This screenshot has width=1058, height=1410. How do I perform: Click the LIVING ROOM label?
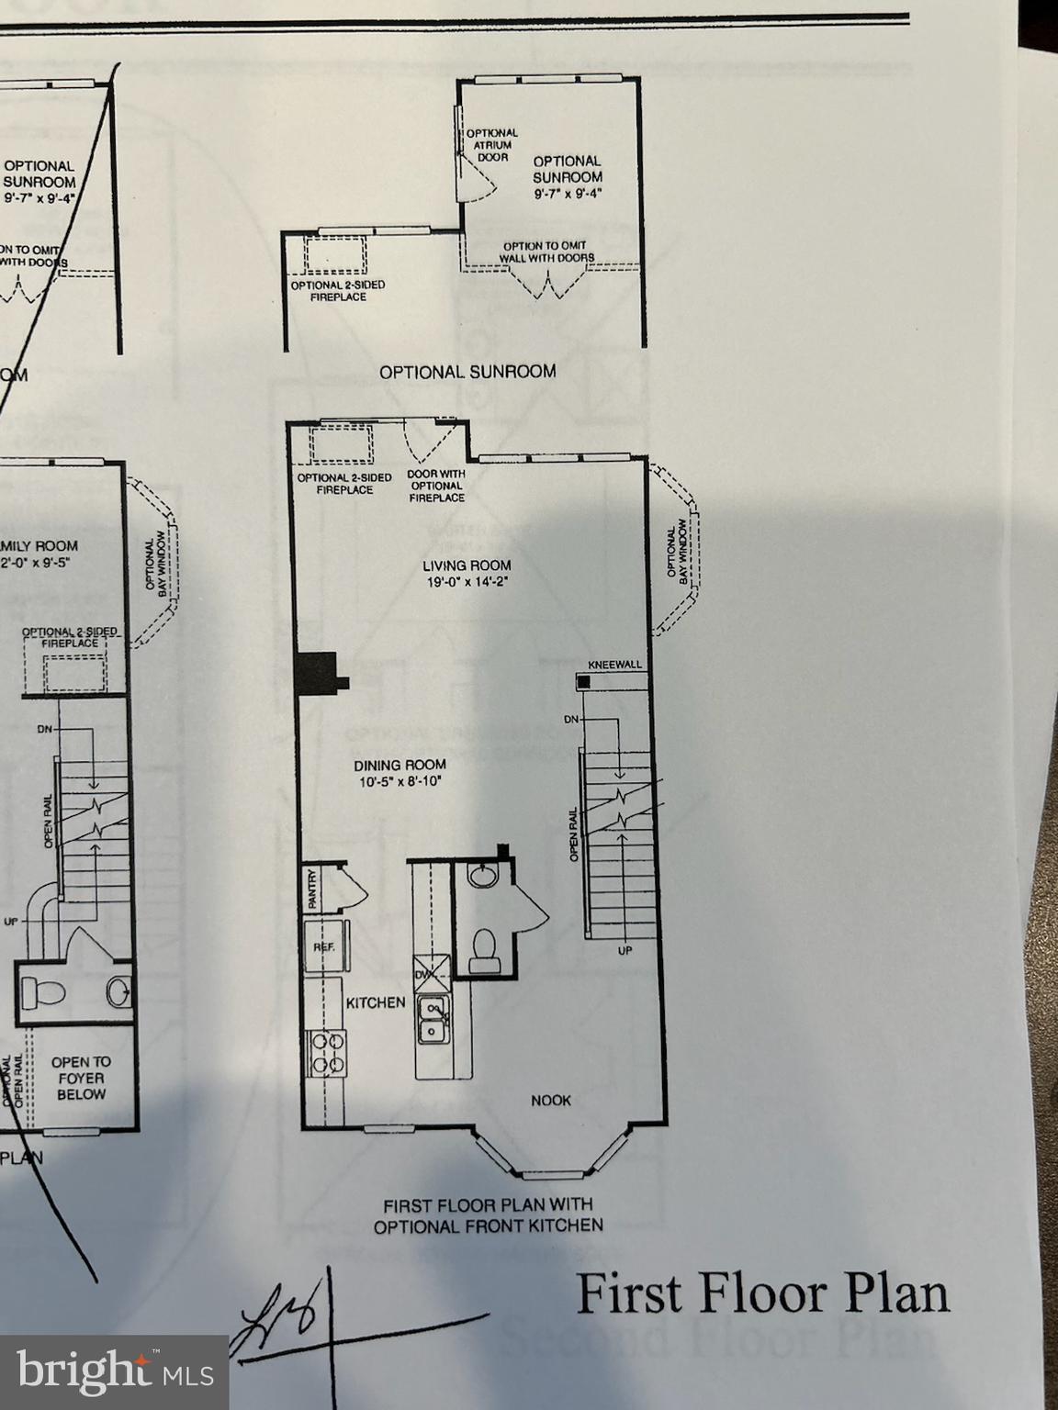[467, 565]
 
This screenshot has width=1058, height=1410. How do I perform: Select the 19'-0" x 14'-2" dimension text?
[467, 582]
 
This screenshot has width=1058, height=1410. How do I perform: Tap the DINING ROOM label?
[400, 765]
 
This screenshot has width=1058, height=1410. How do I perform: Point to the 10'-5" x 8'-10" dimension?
[400, 782]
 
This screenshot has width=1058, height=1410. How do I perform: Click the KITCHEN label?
[375, 1002]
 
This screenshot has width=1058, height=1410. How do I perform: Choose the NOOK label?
[551, 1100]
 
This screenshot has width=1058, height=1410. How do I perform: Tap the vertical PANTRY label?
[313, 889]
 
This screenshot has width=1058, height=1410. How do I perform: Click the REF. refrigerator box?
[324, 946]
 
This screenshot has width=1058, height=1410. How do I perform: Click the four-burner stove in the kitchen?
[328, 1052]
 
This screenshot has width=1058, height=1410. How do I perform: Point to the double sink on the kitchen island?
[433, 1021]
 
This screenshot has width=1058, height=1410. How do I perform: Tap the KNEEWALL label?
[614, 665]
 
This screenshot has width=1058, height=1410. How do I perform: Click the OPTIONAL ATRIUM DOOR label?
[492, 145]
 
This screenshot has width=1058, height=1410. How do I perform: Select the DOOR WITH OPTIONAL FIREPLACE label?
[436, 486]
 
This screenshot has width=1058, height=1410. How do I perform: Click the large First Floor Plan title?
[762, 1294]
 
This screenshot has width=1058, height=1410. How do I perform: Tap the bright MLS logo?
[114, 1372]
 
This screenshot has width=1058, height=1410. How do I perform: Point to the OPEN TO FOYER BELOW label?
[81, 1078]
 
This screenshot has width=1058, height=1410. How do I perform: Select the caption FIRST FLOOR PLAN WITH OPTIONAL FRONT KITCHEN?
[489, 1214]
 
